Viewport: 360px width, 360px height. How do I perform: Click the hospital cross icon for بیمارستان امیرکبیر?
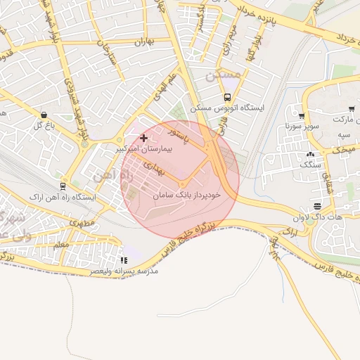click(x=144, y=138)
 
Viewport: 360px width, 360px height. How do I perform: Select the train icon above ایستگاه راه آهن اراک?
click(x=63, y=186)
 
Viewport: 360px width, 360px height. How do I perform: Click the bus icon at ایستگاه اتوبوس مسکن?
click(x=227, y=98)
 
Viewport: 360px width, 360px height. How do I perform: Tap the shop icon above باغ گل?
click(x=44, y=115)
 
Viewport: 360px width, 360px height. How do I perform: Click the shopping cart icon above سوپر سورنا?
click(x=302, y=117)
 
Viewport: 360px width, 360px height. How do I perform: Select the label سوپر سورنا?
click(x=297, y=127)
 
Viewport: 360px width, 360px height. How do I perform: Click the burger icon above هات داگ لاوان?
click(x=318, y=207)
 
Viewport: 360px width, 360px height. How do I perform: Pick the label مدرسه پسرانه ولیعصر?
click(x=124, y=271)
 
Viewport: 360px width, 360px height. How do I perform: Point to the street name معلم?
click(x=60, y=244)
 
